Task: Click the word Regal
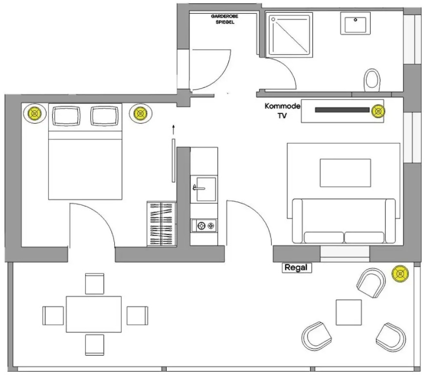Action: (x=296, y=268)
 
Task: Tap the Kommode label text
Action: (x=282, y=106)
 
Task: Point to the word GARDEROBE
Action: (x=224, y=16)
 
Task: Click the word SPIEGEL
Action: (x=225, y=22)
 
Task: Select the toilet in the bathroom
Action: (x=372, y=80)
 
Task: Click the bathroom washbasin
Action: (x=355, y=23)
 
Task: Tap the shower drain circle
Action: (x=273, y=20)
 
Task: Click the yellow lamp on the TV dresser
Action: (x=378, y=111)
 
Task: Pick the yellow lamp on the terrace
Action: (x=400, y=274)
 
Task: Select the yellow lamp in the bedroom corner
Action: (x=35, y=114)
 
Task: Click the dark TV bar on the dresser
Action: (x=342, y=110)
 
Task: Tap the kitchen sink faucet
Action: (x=198, y=187)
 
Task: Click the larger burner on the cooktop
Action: (x=201, y=226)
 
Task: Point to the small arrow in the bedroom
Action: (x=173, y=130)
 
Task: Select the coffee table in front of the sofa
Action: (x=345, y=173)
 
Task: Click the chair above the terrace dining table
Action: (x=95, y=284)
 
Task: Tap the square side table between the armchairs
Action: (x=349, y=312)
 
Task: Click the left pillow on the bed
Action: (x=66, y=116)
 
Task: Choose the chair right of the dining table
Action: (x=137, y=315)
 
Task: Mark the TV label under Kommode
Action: (x=282, y=116)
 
